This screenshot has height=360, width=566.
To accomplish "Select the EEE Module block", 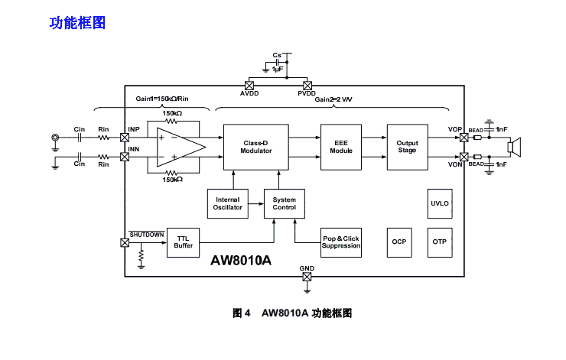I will [x=341, y=146].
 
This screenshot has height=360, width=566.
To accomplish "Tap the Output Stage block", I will [x=407, y=146].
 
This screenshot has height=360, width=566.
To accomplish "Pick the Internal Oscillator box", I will [x=228, y=203].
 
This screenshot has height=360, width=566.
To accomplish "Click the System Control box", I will [x=284, y=203].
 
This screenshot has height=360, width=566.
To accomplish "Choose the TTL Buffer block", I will [x=183, y=242].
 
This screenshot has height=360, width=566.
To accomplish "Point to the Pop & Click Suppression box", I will [x=340, y=242].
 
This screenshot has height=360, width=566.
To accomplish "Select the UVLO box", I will [x=439, y=203].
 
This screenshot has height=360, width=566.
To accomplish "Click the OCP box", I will [x=398, y=242].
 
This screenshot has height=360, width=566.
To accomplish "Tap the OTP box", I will [x=439, y=242].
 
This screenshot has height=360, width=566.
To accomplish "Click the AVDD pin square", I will [x=249, y=85].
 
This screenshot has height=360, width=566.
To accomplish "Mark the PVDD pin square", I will [x=307, y=85].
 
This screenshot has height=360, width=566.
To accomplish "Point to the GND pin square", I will [x=307, y=277].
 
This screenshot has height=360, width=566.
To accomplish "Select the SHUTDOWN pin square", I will [x=125, y=243].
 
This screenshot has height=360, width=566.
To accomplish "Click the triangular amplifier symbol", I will [x=181, y=146].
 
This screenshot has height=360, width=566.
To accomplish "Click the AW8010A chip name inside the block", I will [x=241, y=260].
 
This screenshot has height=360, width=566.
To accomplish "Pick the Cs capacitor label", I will [x=277, y=56].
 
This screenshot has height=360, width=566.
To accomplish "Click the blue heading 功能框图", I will [x=77, y=23].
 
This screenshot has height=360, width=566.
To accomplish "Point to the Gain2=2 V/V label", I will [x=334, y=99].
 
